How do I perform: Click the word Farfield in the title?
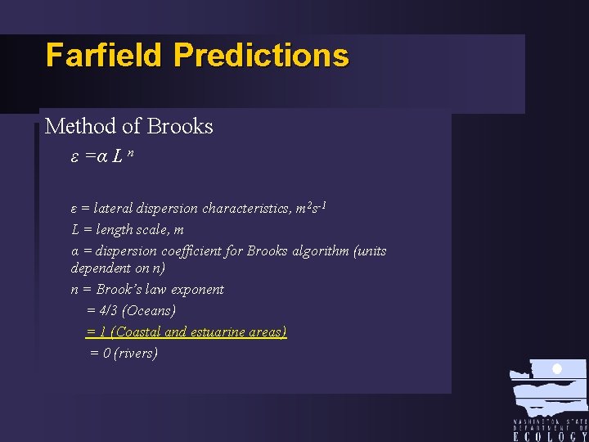(106, 56)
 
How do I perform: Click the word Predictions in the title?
(261, 56)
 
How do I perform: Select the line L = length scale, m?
(128, 230)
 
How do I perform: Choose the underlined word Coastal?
(137, 331)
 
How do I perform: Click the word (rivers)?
(136, 353)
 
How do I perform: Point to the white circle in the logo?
(557, 369)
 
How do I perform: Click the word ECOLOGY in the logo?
(550, 436)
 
